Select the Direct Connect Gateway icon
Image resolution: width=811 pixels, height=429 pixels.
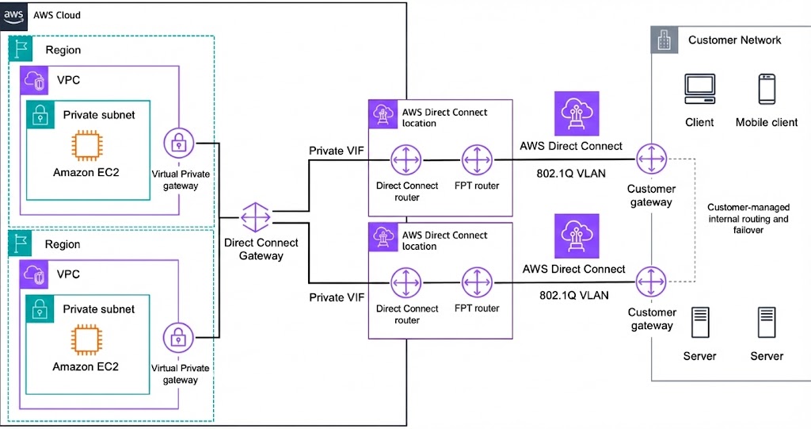pyautogui.click(x=256, y=217)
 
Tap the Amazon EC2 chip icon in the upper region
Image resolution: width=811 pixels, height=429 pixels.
pyautogui.click(x=86, y=147)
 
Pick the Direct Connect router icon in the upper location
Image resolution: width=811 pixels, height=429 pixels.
pyautogui.click(x=406, y=160)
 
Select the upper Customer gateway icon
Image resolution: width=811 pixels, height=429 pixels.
pyautogui.click(x=651, y=160)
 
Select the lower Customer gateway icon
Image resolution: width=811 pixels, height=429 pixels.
pyautogui.click(x=651, y=282)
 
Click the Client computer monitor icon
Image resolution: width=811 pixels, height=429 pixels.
pyautogui.click(x=700, y=89)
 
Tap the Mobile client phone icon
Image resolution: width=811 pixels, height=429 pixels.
pyautogui.click(x=767, y=89)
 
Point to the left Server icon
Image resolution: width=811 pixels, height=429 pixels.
pyautogui.click(x=700, y=323)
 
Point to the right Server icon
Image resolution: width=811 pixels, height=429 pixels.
pyautogui.click(x=767, y=323)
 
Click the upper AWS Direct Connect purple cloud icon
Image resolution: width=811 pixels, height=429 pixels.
pyautogui.click(x=572, y=112)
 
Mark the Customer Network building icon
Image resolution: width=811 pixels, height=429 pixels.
pyautogui.click(x=665, y=40)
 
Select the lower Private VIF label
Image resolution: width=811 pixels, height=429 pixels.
pyautogui.click(x=337, y=297)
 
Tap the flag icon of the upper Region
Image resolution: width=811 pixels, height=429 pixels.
pyautogui.click(x=21, y=49)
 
